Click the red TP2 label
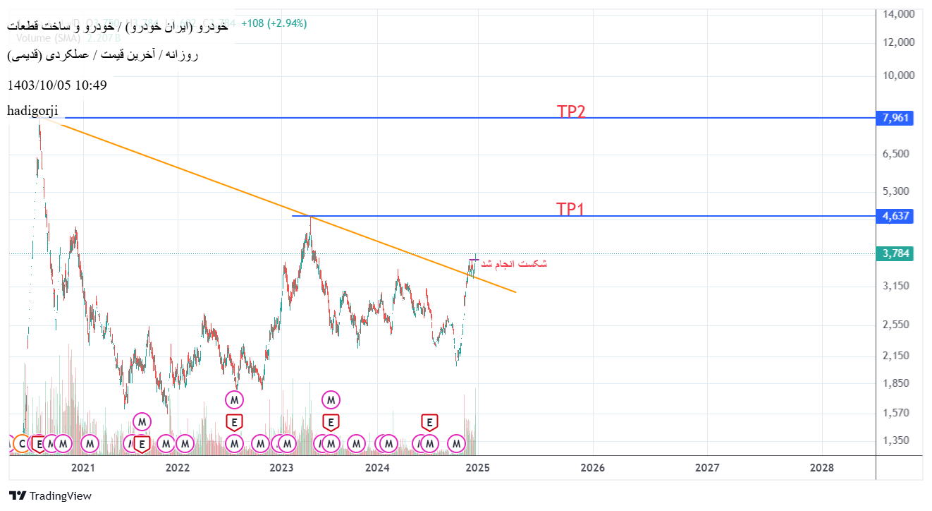pyautogui.click(x=571, y=112)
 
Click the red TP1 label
pyautogui.click(x=570, y=209)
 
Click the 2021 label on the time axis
pyautogui.click(x=83, y=467)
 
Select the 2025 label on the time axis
pyautogui.click(x=477, y=467)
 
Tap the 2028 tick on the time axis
pyautogui.click(x=822, y=467)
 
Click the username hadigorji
pyautogui.click(x=33, y=110)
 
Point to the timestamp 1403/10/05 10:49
pyautogui.click(x=57, y=85)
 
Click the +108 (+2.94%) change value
pyautogui.click(x=274, y=23)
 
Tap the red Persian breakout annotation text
pyautogui.click(x=514, y=263)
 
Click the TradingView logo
pyautogui.click(x=50, y=495)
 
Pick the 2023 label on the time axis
pyautogui.click(x=281, y=467)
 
